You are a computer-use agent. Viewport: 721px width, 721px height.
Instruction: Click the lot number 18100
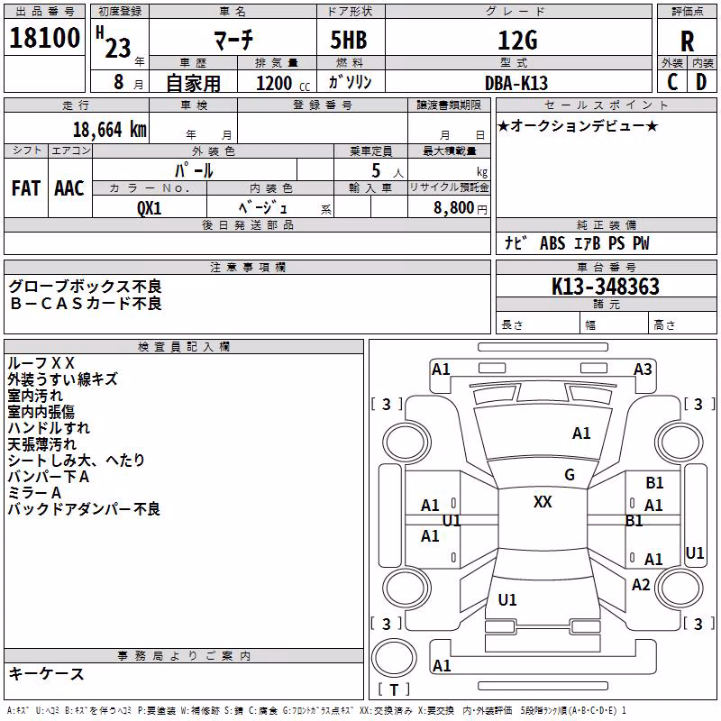44,38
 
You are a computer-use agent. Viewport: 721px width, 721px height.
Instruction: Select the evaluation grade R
687,41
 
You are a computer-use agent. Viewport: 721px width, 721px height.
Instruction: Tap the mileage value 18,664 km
110,130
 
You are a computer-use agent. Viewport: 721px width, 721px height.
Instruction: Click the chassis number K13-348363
606,287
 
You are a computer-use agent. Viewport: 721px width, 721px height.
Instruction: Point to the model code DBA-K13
516,83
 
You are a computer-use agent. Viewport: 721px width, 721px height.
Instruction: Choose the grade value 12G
517,41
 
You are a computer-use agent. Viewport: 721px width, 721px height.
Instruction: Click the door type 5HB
349,40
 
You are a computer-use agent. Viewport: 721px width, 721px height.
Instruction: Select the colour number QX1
150,208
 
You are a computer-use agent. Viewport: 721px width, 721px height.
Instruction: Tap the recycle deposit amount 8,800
454,208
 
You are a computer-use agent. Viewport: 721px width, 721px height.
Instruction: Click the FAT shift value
26,188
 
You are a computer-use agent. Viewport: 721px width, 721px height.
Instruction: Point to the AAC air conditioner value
69,188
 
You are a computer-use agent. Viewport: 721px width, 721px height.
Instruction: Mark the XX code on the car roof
543,501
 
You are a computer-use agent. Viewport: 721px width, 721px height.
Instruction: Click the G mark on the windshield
570,475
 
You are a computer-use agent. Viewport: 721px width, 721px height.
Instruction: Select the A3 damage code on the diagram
643,370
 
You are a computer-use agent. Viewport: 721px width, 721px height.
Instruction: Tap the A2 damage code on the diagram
641,585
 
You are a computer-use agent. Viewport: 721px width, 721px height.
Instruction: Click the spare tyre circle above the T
394,658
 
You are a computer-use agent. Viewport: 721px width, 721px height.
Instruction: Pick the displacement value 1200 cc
283,83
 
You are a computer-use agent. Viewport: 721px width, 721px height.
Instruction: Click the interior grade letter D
701,82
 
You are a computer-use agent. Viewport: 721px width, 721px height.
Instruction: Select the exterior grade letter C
672,82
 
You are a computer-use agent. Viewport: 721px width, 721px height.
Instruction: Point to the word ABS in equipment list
552,243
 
